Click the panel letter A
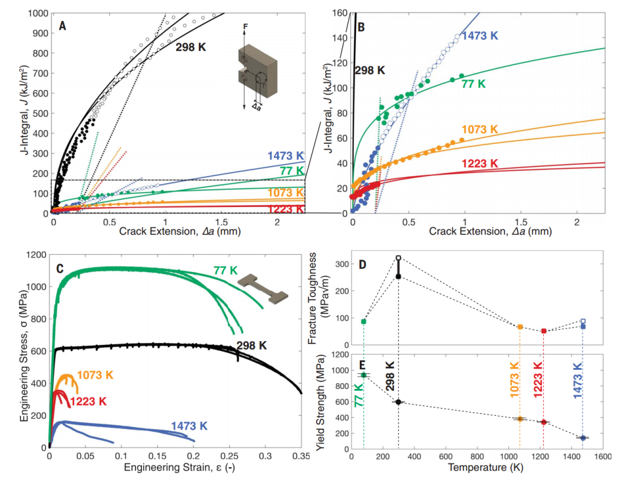(62, 26)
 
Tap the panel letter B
(361, 26)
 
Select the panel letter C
(60, 268)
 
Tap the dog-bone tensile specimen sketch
(261, 288)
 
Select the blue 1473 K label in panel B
(480, 35)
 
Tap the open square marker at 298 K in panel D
(398, 258)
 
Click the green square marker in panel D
(363, 322)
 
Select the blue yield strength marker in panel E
(583, 438)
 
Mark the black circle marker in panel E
(398, 402)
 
